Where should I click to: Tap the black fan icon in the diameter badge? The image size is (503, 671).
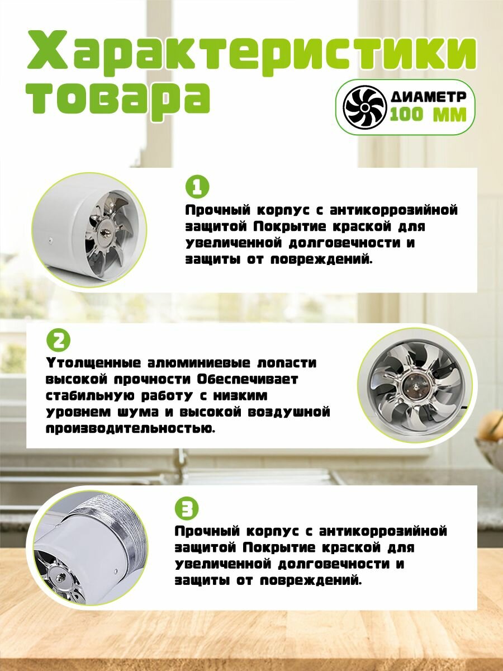(x=364, y=107)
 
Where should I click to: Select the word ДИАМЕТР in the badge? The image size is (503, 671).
(x=429, y=97)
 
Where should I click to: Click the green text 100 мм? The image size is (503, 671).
(x=428, y=115)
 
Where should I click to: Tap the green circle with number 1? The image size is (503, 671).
(x=197, y=188)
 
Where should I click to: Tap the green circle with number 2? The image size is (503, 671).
(x=58, y=341)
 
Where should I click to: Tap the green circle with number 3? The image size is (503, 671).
(x=187, y=509)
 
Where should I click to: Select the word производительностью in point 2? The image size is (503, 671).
(x=131, y=428)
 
